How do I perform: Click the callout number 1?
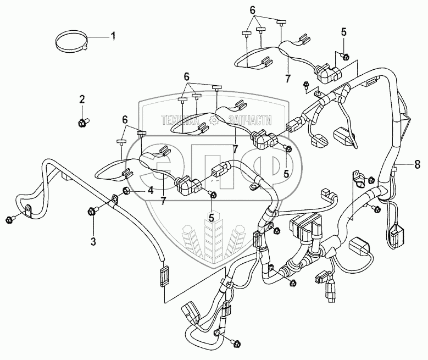(x=113, y=37)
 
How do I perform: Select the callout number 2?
(x=82, y=99)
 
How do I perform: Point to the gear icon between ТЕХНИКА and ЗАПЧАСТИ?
(x=215, y=120)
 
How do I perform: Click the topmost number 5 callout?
(x=344, y=32)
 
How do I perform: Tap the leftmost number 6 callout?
(x=125, y=119)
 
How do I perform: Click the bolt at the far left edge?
(x=9, y=220)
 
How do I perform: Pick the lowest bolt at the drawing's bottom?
(x=237, y=344)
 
